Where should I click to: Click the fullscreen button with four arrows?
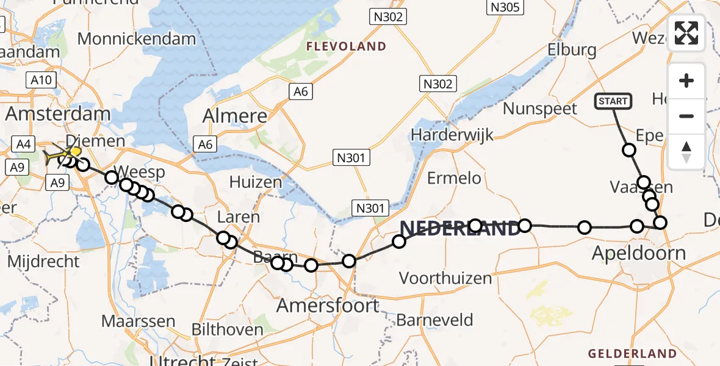[x=686, y=33]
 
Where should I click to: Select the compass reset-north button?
[x=686, y=152]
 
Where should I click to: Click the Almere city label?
[x=235, y=116]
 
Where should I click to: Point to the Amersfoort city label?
[x=328, y=305]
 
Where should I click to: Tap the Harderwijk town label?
[x=452, y=134]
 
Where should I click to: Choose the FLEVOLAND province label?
[x=346, y=46]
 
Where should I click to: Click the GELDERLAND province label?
[x=632, y=354]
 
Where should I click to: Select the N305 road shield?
[x=504, y=7]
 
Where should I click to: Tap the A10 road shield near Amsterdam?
[x=41, y=79]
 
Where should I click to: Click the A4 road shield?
[x=24, y=145]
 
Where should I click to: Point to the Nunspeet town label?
[x=540, y=109]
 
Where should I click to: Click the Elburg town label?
[x=572, y=49]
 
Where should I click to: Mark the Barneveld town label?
[x=434, y=319]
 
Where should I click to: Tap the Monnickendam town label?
[x=137, y=39]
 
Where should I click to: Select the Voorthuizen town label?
[x=445, y=278]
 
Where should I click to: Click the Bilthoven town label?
[x=228, y=330]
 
